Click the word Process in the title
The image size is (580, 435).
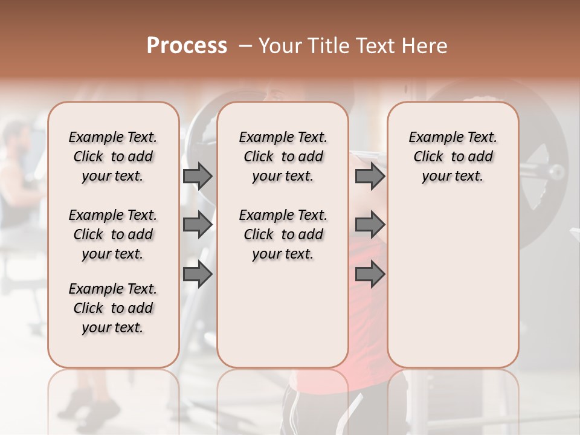click(x=187, y=46)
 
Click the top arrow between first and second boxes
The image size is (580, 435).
click(x=198, y=176)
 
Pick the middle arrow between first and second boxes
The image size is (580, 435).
click(x=198, y=225)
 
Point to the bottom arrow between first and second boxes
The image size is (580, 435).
click(x=198, y=274)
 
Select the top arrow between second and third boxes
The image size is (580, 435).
click(x=370, y=176)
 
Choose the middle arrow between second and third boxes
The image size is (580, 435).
click(x=370, y=225)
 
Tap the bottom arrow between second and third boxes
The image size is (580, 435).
click(x=370, y=274)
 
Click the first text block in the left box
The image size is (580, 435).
click(x=113, y=156)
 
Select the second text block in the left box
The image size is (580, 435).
click(x=113, y=234)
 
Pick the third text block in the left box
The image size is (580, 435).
click(x=113, y=308)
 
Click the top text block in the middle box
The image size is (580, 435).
click(x=283, y=156)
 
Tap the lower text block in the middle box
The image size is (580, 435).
click(x=283, y=234)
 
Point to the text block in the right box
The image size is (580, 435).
click(x=453, y=156)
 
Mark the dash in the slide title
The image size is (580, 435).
click(x=245, y=46)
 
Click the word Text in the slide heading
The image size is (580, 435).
click(x=375, y=46)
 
